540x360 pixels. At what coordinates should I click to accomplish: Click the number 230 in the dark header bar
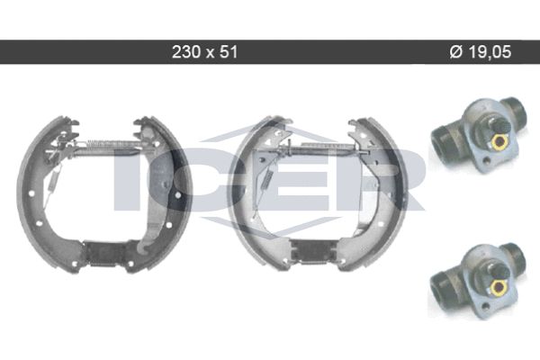click(x=186, y=52)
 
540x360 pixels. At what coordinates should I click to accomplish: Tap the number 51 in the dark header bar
click(x=229, y=52)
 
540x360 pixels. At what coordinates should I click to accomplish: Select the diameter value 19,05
click(x=490, y=52)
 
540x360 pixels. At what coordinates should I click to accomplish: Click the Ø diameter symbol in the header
click(x=456, y=52)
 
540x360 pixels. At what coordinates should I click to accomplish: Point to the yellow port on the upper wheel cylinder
click(x=498, y=141)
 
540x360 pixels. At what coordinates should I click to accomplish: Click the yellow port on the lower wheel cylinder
click(x=497, y=286)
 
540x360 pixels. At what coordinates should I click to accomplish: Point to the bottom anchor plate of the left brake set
click(x=105, y=253)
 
